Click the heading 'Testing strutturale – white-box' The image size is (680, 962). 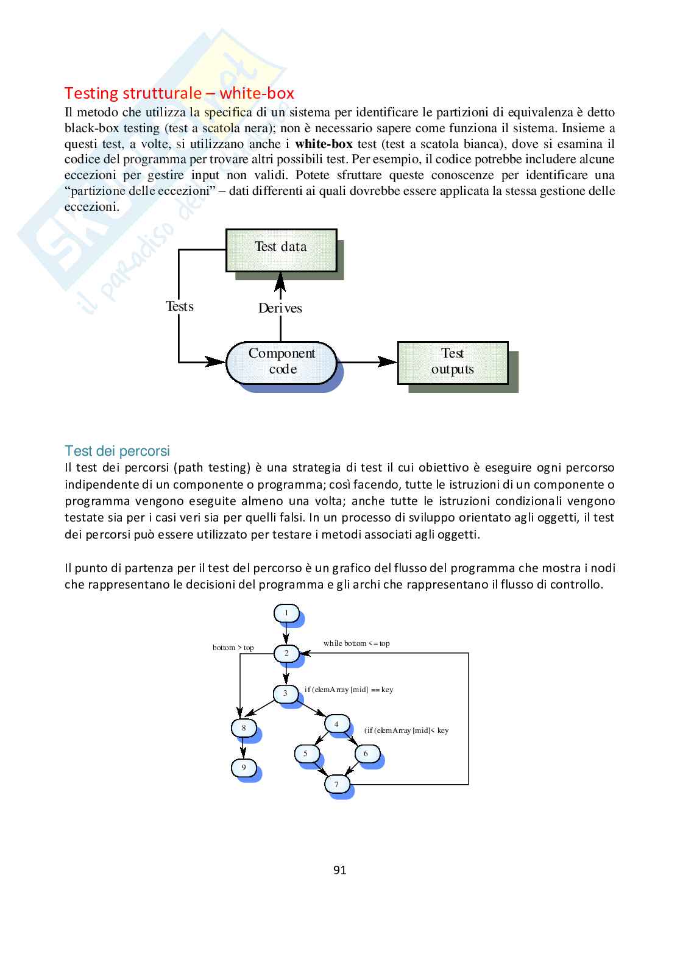pos(179,93)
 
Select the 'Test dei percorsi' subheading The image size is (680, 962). pos(117,451)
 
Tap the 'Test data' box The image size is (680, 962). pos(281,247)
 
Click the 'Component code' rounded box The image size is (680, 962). pos(282,361)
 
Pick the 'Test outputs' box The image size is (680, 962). pos(452,361)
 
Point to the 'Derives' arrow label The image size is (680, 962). pos(280,308)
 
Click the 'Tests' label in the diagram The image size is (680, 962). pos(180,306)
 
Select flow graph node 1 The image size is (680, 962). pos(286,613)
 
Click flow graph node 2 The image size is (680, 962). pos(286,653)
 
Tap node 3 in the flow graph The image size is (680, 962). pos(285,693)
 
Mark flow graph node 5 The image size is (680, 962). pos(306,754)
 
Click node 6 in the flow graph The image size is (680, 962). pos(366,754)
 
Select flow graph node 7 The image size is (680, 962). pos(336,784)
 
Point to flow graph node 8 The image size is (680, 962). pos(244,727)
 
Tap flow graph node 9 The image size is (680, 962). pos(244,768)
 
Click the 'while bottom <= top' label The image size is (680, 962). pos(356,643)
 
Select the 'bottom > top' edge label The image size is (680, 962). pos(233,647)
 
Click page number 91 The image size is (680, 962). pos(340,870)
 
